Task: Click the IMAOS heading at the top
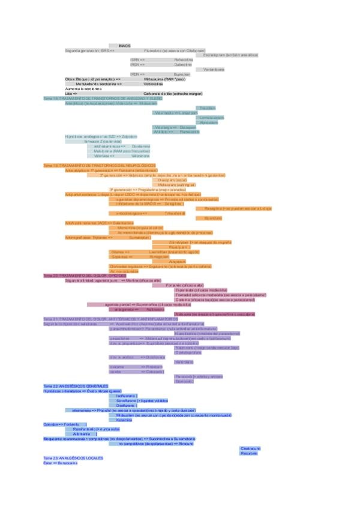click(125, 46)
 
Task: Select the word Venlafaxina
click(214, 69)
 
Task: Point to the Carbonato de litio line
click(173, 94)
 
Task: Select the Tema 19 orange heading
click(100, 165)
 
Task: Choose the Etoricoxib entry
click(184, 381)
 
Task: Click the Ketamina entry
click(125, 420)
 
